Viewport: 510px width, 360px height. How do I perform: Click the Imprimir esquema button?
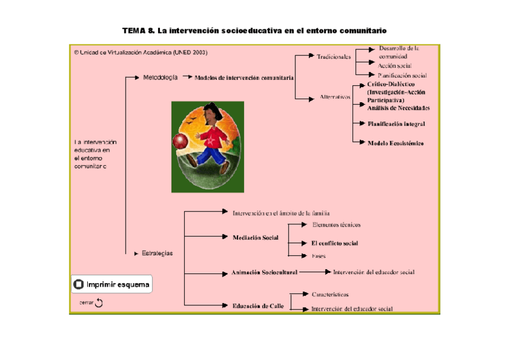(x=112, y=284)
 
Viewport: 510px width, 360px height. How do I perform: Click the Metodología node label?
(x=160, y=78)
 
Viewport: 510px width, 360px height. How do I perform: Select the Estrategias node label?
(x=157, y=253)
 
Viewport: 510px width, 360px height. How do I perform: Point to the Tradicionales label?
(x=334, y=56)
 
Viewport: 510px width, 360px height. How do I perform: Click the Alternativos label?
(x=335, y=97)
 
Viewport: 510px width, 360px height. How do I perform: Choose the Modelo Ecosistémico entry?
(x=395, y=143)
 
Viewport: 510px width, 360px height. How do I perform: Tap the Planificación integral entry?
(x=396, y=124)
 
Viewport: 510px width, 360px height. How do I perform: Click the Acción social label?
(x=395, y=66)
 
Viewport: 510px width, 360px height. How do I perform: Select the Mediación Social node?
(x=256, y=237)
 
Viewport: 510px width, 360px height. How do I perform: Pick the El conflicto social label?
(x=334, y=243)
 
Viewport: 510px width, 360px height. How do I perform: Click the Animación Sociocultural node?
(x=264, y=272)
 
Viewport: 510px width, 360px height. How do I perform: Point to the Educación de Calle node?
(x=258, y=306)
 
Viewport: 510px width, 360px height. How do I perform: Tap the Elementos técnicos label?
(x=336, y=225)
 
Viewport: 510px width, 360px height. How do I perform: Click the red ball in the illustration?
(x=181, y=142)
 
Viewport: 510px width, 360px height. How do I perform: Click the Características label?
(x=330, y=294)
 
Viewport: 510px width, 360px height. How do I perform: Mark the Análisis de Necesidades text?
(x=398, y=108)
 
